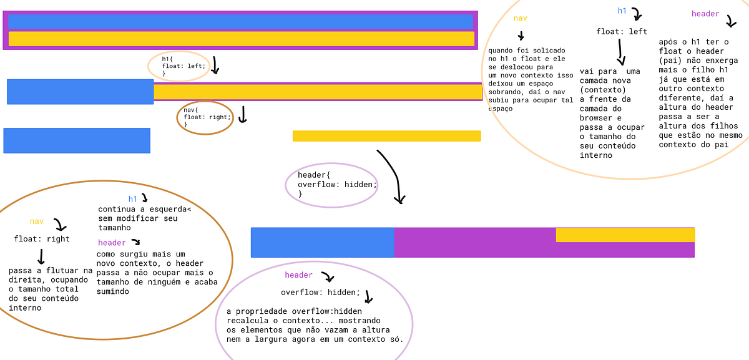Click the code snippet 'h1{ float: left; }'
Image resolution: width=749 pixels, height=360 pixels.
tap(182, 66)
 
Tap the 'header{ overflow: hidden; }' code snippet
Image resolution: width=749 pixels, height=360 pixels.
tap(337, 185)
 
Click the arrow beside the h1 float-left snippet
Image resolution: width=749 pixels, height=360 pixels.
tap(215, 65)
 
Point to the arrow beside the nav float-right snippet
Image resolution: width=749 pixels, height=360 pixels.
tap(243, 114)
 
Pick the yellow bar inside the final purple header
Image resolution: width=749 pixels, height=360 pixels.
tap(625, 235)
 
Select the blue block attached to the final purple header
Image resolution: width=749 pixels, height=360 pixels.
tap(322, 243)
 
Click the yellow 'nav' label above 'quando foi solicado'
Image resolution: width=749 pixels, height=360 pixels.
tap(521, 18)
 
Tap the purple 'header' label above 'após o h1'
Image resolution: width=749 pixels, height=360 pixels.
tap(705, 14)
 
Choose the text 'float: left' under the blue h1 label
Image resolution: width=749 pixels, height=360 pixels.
tap(622, 32)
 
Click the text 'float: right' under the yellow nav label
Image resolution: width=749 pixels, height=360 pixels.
tap(42, 239)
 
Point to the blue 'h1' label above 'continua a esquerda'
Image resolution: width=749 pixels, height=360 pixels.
tap(133, 199)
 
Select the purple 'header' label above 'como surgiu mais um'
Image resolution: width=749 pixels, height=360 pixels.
tap(112, 243)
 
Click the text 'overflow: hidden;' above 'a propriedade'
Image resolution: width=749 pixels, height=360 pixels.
tap(320, 293)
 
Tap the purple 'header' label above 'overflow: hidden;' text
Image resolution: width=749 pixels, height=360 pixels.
tap(298, 275)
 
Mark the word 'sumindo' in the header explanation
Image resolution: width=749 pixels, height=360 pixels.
tap(113, 291)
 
